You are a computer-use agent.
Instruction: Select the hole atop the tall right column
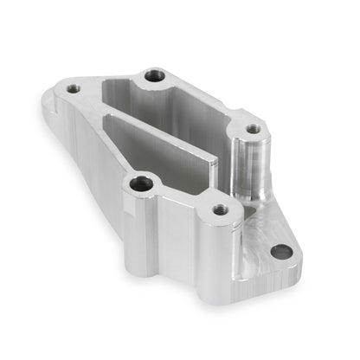tap(252, 129)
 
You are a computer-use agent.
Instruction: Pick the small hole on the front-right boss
tap(219, 209)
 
